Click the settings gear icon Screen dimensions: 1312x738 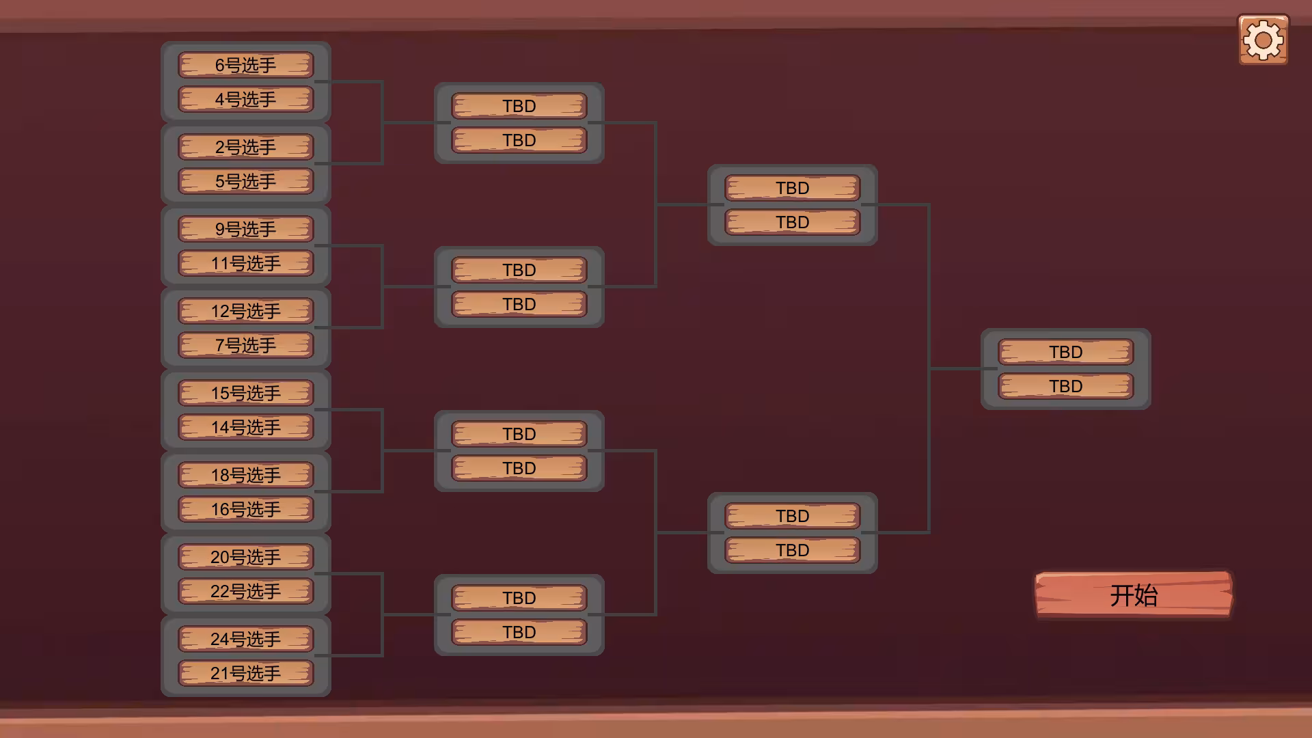(x=1263, y=40)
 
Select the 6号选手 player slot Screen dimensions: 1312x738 (x=246, y=65)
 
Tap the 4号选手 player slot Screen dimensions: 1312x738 (x=246, y=99)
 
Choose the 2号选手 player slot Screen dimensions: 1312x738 (x=246, y=147)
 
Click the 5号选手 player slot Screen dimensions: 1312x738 (x=246, y=181)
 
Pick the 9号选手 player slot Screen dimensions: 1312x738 (x=246, y=229)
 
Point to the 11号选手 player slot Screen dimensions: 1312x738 (x=246, y=263)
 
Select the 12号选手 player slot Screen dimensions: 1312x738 (x=246, y=311)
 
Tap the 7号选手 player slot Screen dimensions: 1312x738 (x=246, y=345)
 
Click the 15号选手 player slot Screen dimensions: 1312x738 (x=246, y=393)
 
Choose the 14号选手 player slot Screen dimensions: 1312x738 (x=246, y=427)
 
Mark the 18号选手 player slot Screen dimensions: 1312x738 (x=246, y=475)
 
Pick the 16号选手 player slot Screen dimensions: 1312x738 (x=246, y=509)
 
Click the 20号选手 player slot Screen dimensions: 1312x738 (x=246, y=557)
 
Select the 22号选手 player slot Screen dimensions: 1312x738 (x=246, y=591)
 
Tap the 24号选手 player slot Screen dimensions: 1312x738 (x=246, y=639)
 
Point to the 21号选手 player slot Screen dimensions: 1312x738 (x=246, y=673)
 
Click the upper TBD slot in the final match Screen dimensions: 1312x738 (x=1066, y=352)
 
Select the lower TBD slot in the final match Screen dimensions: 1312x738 (x=1066, y=386)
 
